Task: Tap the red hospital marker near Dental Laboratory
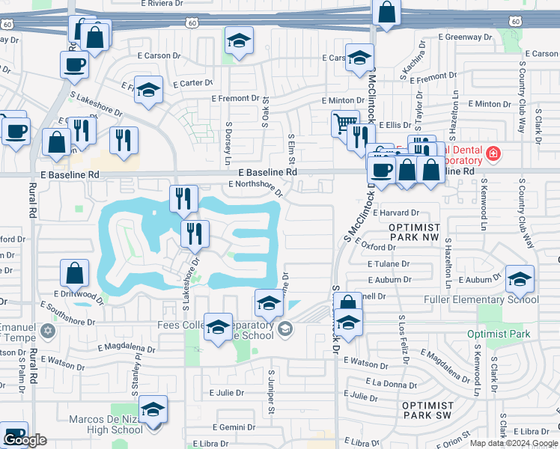(x=493, y=154)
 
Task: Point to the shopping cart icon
(x=344, y=122)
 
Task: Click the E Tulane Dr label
(x=389, y=263)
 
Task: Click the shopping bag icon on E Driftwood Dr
(x=75, y=273)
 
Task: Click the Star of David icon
(x=49, y=330)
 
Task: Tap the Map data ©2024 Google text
(x=513, y=442)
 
